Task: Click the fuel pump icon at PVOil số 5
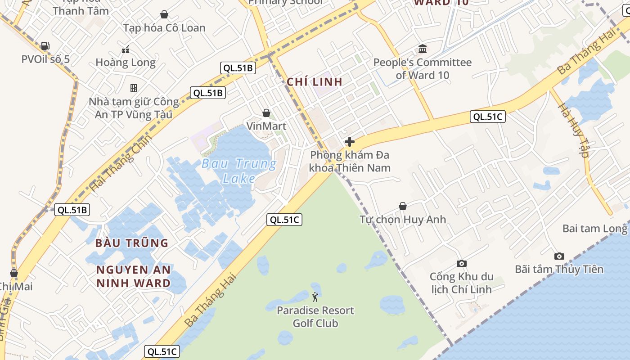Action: [45, 46]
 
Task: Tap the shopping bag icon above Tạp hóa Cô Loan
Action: [164, 15]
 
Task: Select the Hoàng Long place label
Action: [126, 62]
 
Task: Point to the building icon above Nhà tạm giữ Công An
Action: [134, 88]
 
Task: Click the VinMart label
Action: [266, 126]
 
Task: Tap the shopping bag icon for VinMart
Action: [266, 113]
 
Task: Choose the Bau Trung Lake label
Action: [239, 171]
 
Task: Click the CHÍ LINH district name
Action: [315, 82]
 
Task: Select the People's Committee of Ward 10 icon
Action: [423, 49]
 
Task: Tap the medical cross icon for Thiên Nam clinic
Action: [350, 142]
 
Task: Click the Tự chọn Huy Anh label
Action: [403, 220]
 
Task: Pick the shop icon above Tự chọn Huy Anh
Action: [403, 207]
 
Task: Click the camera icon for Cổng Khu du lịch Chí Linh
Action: [461, 264]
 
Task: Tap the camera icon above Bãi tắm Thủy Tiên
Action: [559, 256]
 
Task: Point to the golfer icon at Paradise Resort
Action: [315, 297]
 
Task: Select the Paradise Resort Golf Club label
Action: [315, 317]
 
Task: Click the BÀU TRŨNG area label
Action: [131, 243]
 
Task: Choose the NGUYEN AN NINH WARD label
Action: [134, 276]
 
